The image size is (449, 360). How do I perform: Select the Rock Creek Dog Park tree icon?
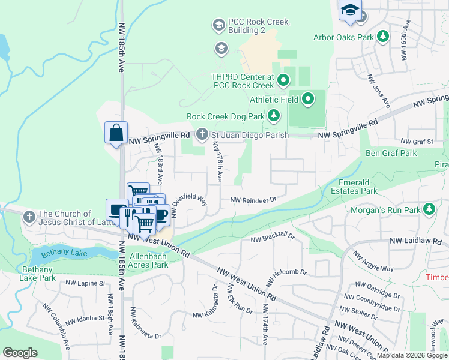point(274,115)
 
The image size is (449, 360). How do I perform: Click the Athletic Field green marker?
point(309,98)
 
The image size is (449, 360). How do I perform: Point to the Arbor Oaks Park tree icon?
point(382,37)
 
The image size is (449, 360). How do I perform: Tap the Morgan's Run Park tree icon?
point(429,209)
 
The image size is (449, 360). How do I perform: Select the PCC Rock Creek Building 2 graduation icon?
point(218,25)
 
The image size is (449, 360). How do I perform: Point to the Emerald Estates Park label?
point(354,186)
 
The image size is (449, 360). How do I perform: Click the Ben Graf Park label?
point(391,153)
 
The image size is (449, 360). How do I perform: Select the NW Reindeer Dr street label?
point(253,200)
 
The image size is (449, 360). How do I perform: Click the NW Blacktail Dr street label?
point(273,238)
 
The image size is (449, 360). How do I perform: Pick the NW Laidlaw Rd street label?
point(418,241)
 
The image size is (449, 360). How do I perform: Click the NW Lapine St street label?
point(85,283)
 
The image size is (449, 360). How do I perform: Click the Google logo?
point(20,353)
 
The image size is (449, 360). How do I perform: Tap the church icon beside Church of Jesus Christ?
point(29,217)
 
